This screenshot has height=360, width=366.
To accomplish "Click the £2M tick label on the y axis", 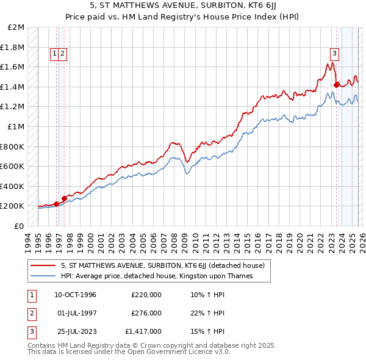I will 16,27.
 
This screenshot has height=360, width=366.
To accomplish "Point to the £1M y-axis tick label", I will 16,127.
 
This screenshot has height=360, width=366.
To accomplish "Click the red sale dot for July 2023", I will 336,85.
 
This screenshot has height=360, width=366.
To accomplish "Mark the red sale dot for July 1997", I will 64,198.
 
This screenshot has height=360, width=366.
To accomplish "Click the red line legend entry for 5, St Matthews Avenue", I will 162,265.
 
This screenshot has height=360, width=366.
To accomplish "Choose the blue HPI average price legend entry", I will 156,276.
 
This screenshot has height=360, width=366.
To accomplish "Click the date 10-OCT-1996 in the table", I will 75,295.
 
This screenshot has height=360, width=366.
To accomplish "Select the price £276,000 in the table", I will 146,313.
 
